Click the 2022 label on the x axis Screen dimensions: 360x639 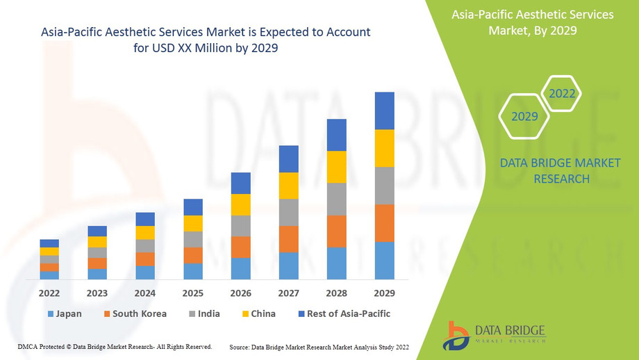[x=49, y=293]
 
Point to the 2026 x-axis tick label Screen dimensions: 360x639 [x=241, y=293]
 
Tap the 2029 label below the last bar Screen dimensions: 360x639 [x=384, y=293]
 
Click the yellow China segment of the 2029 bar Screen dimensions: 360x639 [x=384, y=148]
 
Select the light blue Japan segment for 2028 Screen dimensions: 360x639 [x=337, y=263]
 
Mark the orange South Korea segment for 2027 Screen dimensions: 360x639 [x=289, y=239]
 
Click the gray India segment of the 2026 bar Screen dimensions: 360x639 [x=241, y=226]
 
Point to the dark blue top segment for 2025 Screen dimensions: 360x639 [x=193, y=207]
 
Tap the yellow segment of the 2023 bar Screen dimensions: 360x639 [x=97, y=242]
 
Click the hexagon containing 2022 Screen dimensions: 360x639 [x=561, y=93]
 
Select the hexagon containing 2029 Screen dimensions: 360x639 [x=524, y=116]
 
